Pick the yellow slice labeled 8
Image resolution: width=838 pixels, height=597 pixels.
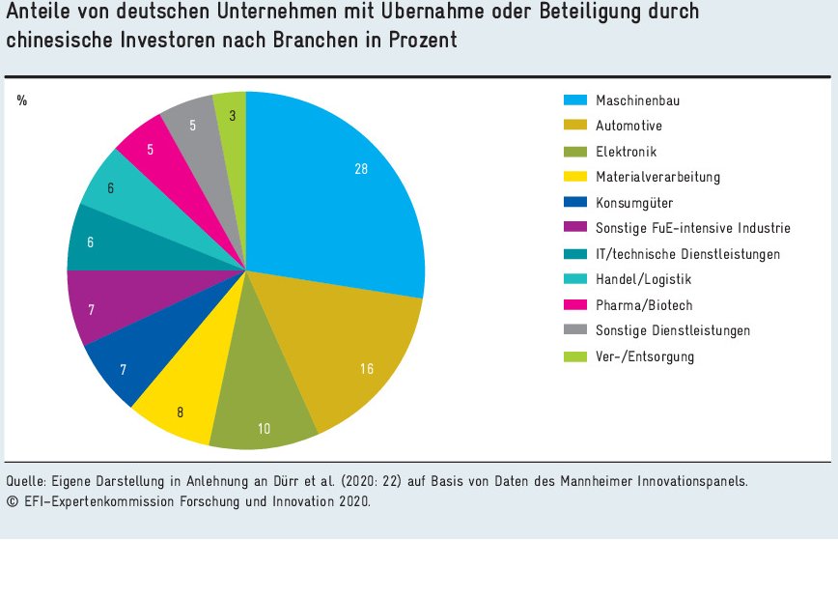tap(183, 401)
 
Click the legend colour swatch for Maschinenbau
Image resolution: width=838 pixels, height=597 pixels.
tap(576, 99)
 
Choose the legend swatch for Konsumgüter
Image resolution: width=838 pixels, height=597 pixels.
tap(576, 203)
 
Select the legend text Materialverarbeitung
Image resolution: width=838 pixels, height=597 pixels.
tap(657, 177)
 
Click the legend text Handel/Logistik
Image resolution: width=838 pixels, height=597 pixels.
tap(644, 280)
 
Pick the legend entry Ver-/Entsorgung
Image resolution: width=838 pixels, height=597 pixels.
tap(645, 357)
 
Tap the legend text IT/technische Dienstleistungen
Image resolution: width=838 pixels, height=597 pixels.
tap(687, 254)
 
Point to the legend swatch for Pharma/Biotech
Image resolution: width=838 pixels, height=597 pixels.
tap(576, 305)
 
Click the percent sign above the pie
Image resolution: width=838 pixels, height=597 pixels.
tap(22, 100)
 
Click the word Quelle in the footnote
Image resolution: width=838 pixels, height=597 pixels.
tap(26, 480)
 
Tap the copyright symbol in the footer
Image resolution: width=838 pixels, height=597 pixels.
tap(11, 502)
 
